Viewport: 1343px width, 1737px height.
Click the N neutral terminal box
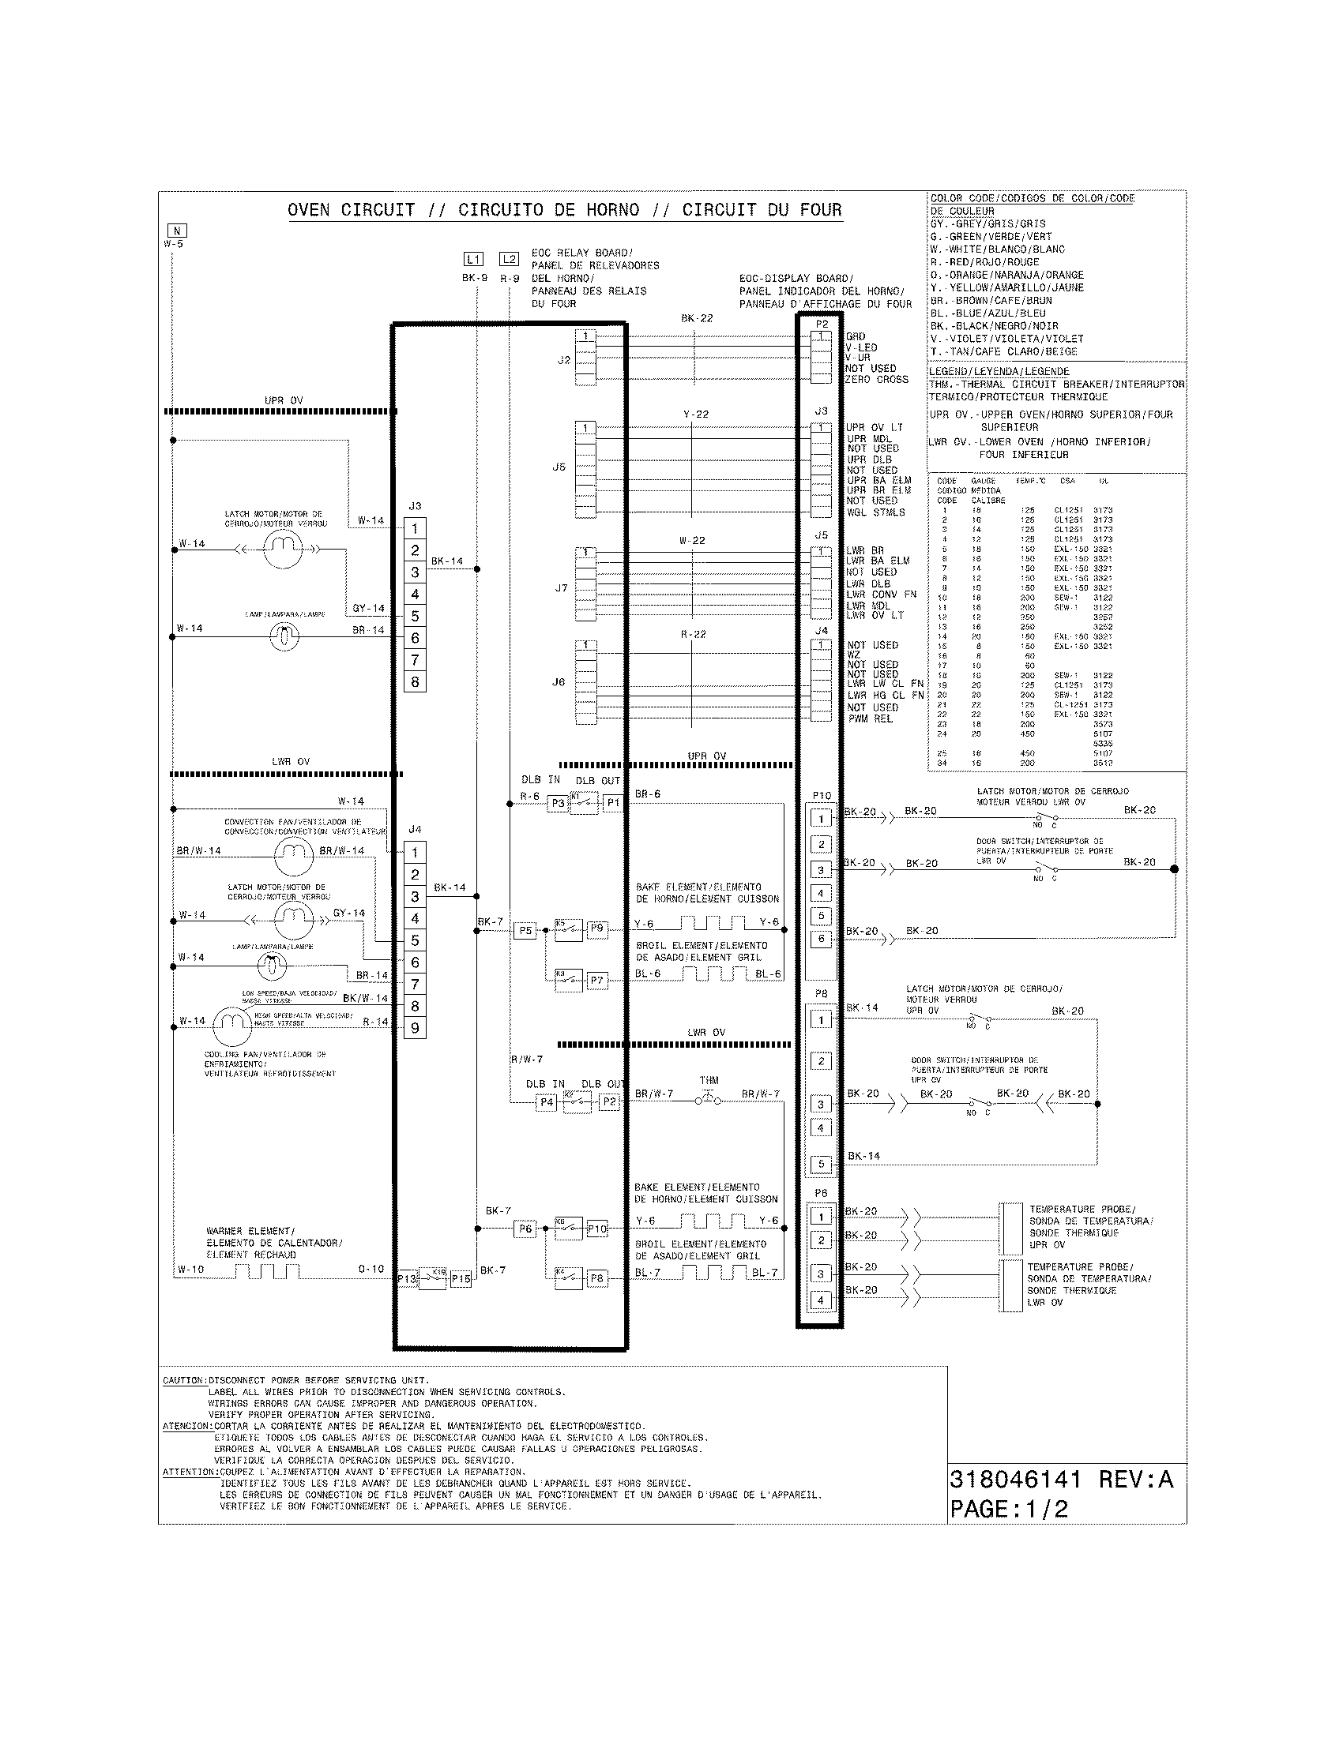pos(177,231)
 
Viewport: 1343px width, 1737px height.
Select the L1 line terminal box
pos(473,259)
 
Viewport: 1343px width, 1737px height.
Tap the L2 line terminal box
pos(510,259)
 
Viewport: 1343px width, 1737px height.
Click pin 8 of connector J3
pos(415,681)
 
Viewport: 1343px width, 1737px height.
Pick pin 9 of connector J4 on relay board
pos(415,1028)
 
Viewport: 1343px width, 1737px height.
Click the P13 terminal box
pos(407,1280)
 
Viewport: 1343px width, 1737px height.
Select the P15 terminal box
pos(461,1280)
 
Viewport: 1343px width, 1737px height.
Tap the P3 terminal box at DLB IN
pos(558,803)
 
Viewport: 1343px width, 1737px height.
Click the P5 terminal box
pos(525,931)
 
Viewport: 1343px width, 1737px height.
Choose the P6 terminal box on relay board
pos(525,1229)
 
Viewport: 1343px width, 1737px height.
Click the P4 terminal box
pos(547,1102)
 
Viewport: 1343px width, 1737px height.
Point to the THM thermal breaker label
pos(709,1080)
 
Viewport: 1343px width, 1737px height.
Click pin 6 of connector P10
pos(821,939)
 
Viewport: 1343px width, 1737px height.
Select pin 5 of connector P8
pos(821,1165)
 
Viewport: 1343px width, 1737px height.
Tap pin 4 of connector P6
pos(821,1300)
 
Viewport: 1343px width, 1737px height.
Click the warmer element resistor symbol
pos(267,1272)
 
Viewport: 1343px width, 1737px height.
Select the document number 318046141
pos(1015,1480)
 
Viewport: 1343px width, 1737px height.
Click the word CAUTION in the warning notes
pos(184,1381)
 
